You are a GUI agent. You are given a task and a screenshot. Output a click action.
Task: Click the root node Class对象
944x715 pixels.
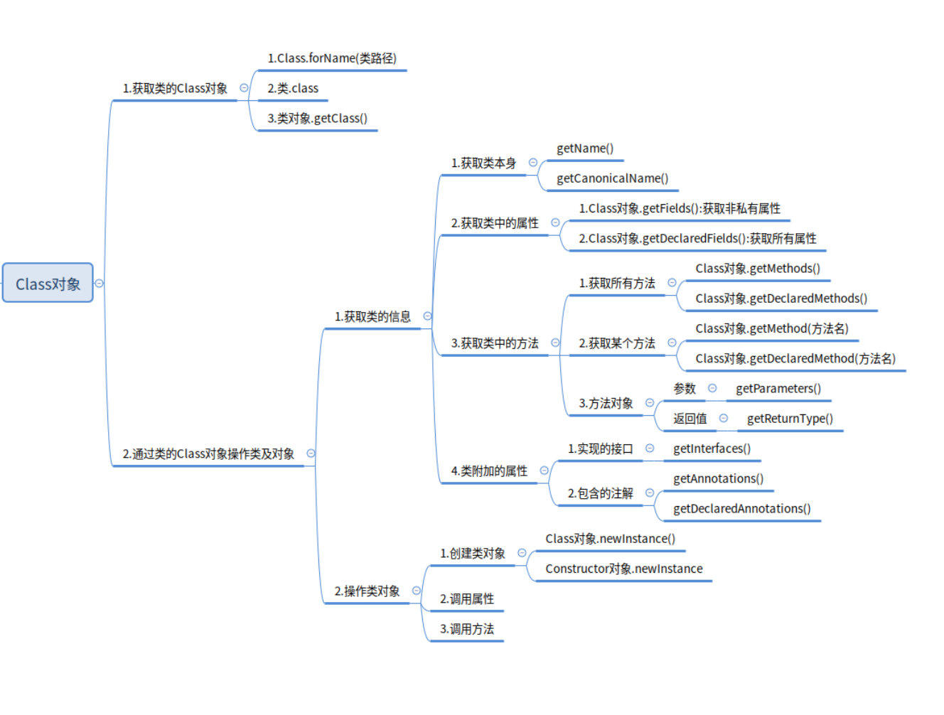pos(48,282)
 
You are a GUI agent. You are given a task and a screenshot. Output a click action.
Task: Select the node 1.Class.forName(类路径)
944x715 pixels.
pos(332,58)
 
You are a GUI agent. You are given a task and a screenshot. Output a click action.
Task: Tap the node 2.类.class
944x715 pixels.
pos(293,88)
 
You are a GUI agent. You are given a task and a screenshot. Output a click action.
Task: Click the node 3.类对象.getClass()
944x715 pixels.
pos(317,118)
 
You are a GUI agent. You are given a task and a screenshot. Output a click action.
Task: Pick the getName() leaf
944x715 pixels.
pos(585,149)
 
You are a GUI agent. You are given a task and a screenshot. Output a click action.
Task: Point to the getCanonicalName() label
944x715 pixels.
pos(613,178)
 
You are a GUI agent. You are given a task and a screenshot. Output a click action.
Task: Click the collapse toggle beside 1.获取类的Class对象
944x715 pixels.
pos(244,87)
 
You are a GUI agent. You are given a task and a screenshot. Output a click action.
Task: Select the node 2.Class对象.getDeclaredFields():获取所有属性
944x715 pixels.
pos(697,239)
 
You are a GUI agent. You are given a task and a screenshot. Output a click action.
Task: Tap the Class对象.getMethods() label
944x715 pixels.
pos(758,269)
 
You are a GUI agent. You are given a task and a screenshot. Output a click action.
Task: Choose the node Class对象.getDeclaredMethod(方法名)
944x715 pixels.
pos(795,359)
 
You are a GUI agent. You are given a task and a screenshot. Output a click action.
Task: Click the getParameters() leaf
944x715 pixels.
pos(778,389)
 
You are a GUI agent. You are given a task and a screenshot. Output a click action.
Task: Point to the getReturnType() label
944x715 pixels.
pos(790,419)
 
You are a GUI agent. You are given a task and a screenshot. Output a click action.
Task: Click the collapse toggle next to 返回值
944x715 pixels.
pos(724,418)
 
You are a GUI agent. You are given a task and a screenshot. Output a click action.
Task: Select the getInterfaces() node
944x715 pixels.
pos(712,449)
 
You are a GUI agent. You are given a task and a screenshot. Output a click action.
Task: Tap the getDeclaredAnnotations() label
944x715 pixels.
pos(742,509)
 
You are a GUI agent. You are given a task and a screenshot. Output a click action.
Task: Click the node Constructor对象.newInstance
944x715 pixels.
pos(623,569)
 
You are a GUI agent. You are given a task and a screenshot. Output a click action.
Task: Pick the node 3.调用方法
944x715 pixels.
pos(466,629)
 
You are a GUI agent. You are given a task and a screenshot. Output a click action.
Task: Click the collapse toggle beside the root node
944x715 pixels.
pos(99,284)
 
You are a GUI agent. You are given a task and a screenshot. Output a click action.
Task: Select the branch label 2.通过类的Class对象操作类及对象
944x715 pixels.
pos(208,453)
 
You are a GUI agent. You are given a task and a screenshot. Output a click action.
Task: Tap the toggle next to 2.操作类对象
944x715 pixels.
pos(416,591)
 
